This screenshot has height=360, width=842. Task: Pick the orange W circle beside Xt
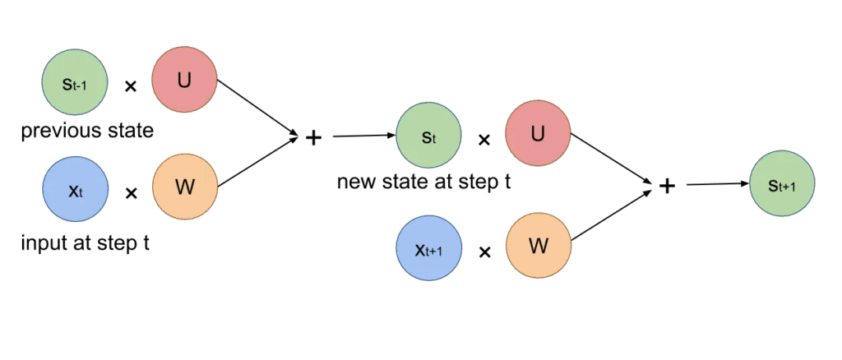click(x=185, y=188)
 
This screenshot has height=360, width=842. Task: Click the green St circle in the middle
click(x=428, y=136)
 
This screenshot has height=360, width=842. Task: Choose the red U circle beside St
click(x=538, y=134)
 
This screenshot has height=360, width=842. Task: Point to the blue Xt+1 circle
click(x=428, y=249)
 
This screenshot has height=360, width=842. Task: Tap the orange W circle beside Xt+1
click(x=538, y=247)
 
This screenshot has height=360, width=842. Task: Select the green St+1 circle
click(x=782, y=185)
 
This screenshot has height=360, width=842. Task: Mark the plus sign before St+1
click(x=667, y=187)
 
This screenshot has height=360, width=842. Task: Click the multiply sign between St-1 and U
click(x=130, y=85)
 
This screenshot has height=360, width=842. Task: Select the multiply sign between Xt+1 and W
click(x=484, y=252)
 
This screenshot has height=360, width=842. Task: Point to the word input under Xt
click(x=41, y=243)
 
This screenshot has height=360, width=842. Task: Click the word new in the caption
click(x=355, y=181)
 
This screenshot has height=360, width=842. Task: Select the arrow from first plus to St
click(x=363, y=136)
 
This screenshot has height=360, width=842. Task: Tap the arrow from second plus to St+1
click(x=716, y=184)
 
